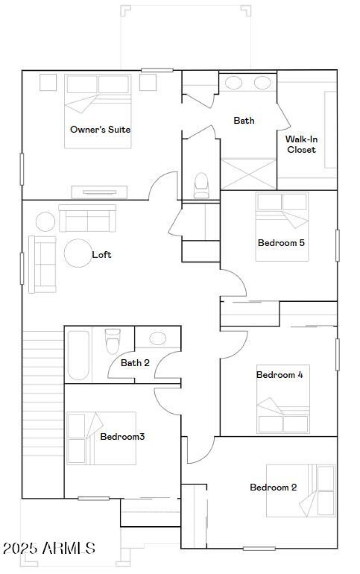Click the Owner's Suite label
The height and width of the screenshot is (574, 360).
point(100,130)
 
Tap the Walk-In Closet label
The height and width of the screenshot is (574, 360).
point(301,145)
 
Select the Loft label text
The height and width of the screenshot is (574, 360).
point(102,255)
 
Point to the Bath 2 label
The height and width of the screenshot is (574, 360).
point(135,362)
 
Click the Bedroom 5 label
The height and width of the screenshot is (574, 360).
point(281,243)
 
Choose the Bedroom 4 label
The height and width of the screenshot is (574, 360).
point(279,375)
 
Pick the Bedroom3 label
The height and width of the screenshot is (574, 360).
point(122,436)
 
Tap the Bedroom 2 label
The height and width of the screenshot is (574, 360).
point(273,487)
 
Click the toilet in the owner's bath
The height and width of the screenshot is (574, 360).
point(201,185)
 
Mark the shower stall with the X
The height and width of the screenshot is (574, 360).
point(248,174)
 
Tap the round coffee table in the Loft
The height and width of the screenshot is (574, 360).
point(78,253)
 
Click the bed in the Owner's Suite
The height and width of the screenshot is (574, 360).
point(98,111)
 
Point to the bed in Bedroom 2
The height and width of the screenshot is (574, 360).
point(301,490)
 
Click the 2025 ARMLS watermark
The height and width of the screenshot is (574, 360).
point(49,548)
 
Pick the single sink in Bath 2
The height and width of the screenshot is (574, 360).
point(157,338)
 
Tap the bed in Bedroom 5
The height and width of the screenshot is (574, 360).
point(282,226)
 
